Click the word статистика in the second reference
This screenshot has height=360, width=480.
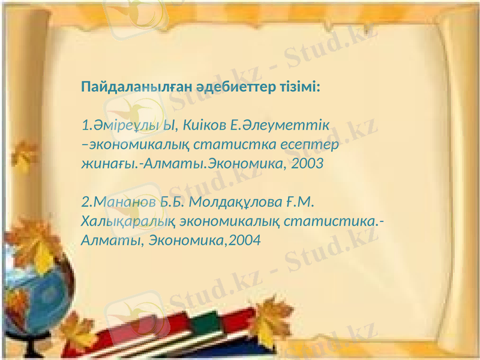[333, 221]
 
